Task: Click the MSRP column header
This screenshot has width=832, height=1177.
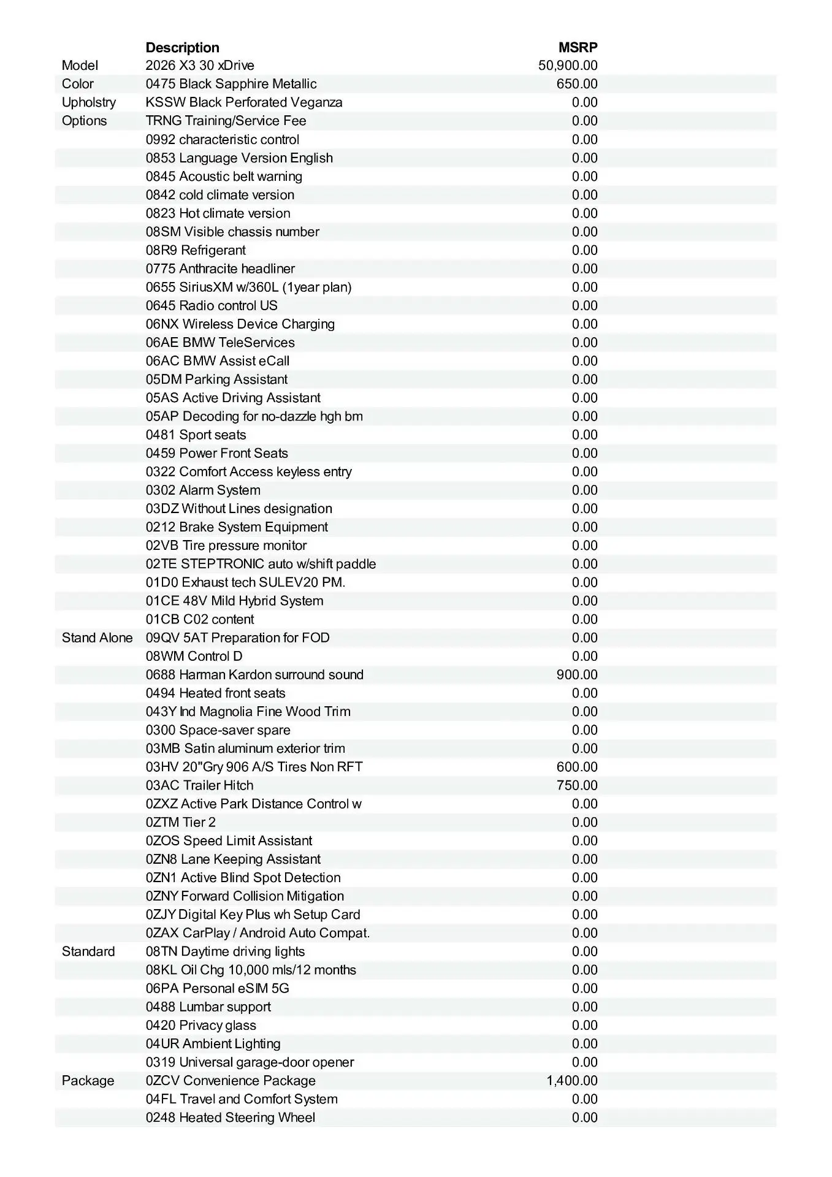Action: (578, 47)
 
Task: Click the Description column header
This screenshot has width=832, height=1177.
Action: (182, 47)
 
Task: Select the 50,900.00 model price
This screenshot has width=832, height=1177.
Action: (568, 66)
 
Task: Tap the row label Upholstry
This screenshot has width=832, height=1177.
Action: (89, 102)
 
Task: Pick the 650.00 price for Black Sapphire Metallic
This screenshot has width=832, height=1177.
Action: (577, 84)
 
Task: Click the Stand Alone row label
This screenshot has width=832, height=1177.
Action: (97, 638)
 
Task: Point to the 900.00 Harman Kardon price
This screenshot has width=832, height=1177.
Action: (577, 674)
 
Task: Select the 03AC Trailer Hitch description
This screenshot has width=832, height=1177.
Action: (199, 785)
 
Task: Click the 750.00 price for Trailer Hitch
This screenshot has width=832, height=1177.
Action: (577, 785)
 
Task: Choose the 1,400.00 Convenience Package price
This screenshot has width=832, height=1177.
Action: (572, 1080)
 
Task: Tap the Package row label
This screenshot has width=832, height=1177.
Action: (88, 1080)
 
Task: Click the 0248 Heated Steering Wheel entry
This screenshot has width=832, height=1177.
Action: (231, 1117)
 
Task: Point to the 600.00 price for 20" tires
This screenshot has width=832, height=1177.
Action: (577, 767)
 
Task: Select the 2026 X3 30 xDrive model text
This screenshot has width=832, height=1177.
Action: (200, 66)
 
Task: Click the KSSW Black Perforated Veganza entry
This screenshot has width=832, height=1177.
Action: (244, 102)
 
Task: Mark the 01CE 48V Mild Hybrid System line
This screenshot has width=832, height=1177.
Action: (234, 601)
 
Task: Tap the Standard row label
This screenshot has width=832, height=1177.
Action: (88, 951)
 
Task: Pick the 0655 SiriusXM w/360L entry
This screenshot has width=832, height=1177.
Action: (248, 287)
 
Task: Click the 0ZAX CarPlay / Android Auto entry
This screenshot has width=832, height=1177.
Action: (258, 933)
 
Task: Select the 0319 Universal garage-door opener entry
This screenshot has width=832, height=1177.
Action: (250, 1062)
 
